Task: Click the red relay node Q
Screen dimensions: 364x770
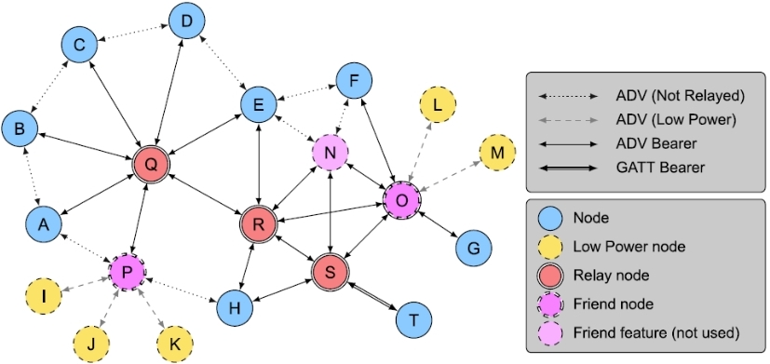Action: (x=150, y=164)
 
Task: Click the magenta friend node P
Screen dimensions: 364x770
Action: (x=128, y=272)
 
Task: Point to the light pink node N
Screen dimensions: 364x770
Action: (x=330, y=152)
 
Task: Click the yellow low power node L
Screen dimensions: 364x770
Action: (x=438, y=104)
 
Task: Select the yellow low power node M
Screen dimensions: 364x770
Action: (x=497, y=153)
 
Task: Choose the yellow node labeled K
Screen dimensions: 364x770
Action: (x=173, y=344)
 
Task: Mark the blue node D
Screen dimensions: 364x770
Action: (x=187, y=20)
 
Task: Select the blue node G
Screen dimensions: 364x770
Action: (x=473, y=248)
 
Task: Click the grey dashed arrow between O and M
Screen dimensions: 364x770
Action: (x=452, y=176)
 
